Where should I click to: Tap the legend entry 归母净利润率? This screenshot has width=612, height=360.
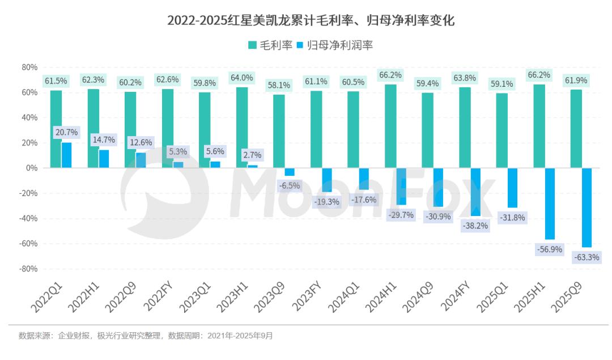coord(334,45)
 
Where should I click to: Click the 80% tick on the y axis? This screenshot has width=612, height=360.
coord(29,67)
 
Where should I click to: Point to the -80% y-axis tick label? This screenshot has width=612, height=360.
coord(28,269)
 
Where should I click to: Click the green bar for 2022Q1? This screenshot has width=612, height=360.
coord(56,129)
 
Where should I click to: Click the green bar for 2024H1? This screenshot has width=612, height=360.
coord(390,126)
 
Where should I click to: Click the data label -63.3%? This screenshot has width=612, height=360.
coord(587,257)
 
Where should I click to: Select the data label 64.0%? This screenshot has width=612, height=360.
coord(241,78)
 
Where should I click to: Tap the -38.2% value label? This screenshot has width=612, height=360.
coord(475,225)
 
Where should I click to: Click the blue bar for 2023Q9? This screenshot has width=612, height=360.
coord(290,172)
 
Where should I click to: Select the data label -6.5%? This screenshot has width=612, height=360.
coord(290,185)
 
